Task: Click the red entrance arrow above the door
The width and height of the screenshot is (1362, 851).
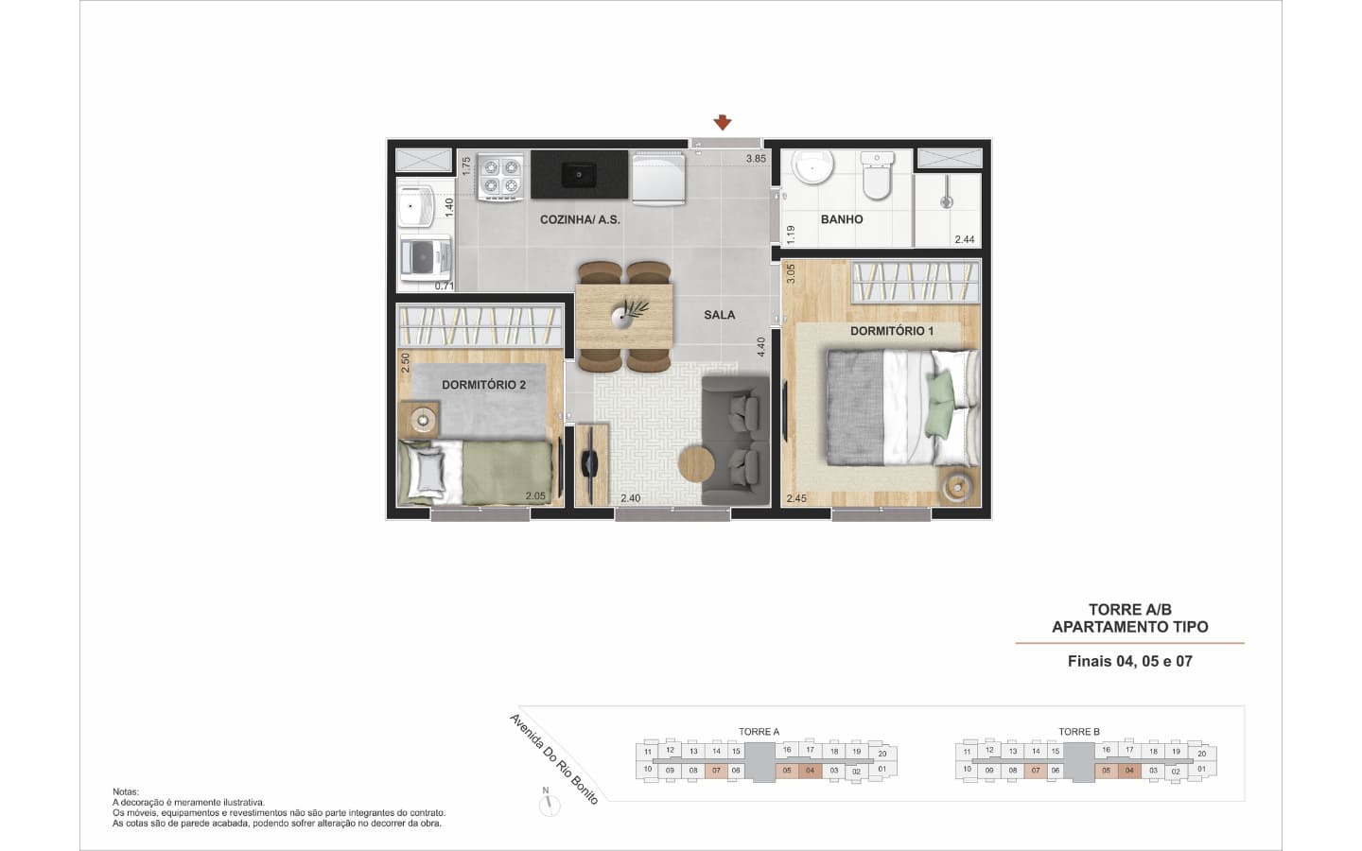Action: coord(723,122)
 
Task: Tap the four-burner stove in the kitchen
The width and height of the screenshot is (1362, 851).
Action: coord(500,176)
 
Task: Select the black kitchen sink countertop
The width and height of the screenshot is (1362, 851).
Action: coord(579,174)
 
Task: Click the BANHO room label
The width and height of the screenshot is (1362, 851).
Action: coord(842,219)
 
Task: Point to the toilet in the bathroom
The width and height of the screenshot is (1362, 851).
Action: coord(877,175)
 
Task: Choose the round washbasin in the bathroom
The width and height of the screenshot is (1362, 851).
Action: coord(814,166)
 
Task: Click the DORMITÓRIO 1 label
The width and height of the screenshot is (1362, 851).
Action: coord(891,331)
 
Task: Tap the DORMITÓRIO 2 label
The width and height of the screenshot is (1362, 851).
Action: coord(483,385)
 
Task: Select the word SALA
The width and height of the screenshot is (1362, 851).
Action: coord(719,315)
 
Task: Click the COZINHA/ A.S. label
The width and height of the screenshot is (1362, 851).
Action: coord(580,219)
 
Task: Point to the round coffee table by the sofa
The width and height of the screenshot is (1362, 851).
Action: coord(696,465)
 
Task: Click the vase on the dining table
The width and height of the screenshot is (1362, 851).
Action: coord(622,316)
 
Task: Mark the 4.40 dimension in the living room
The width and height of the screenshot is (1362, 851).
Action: coord(760,347)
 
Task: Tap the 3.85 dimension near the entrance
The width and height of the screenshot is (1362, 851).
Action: coord(756,159)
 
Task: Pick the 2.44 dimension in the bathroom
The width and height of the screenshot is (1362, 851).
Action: coord(965,239)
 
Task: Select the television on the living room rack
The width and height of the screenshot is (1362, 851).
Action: coord(588,464)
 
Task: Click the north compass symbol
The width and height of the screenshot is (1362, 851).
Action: coord(549,804)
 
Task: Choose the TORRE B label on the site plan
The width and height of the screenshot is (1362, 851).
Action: coord(1078,732)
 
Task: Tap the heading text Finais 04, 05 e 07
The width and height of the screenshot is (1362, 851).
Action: coord(1129,661)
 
